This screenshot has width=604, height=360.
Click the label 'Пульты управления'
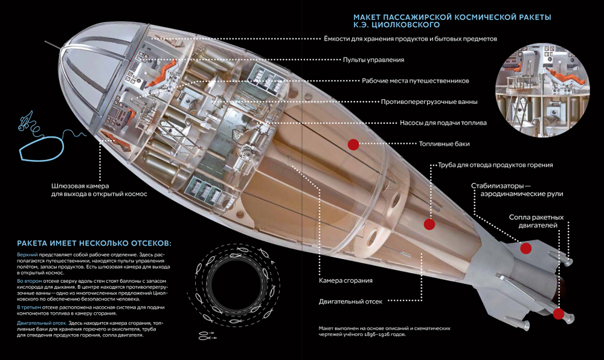pyautogui.click(x=373, y=60)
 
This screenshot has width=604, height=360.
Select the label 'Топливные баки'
pyautogui.click(x=444, y=144)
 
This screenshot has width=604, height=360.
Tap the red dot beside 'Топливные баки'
pyautogui.click(x=353, y=144)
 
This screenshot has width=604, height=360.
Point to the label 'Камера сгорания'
pyautogui.click(x=345, y=280)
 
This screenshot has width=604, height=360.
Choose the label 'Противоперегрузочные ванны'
pyautogui.click(x=429, y=101)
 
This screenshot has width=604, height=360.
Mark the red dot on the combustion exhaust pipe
pyautogui.click(x=429, y=224)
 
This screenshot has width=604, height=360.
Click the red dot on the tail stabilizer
pyautogui.click(x=525, y=247)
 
